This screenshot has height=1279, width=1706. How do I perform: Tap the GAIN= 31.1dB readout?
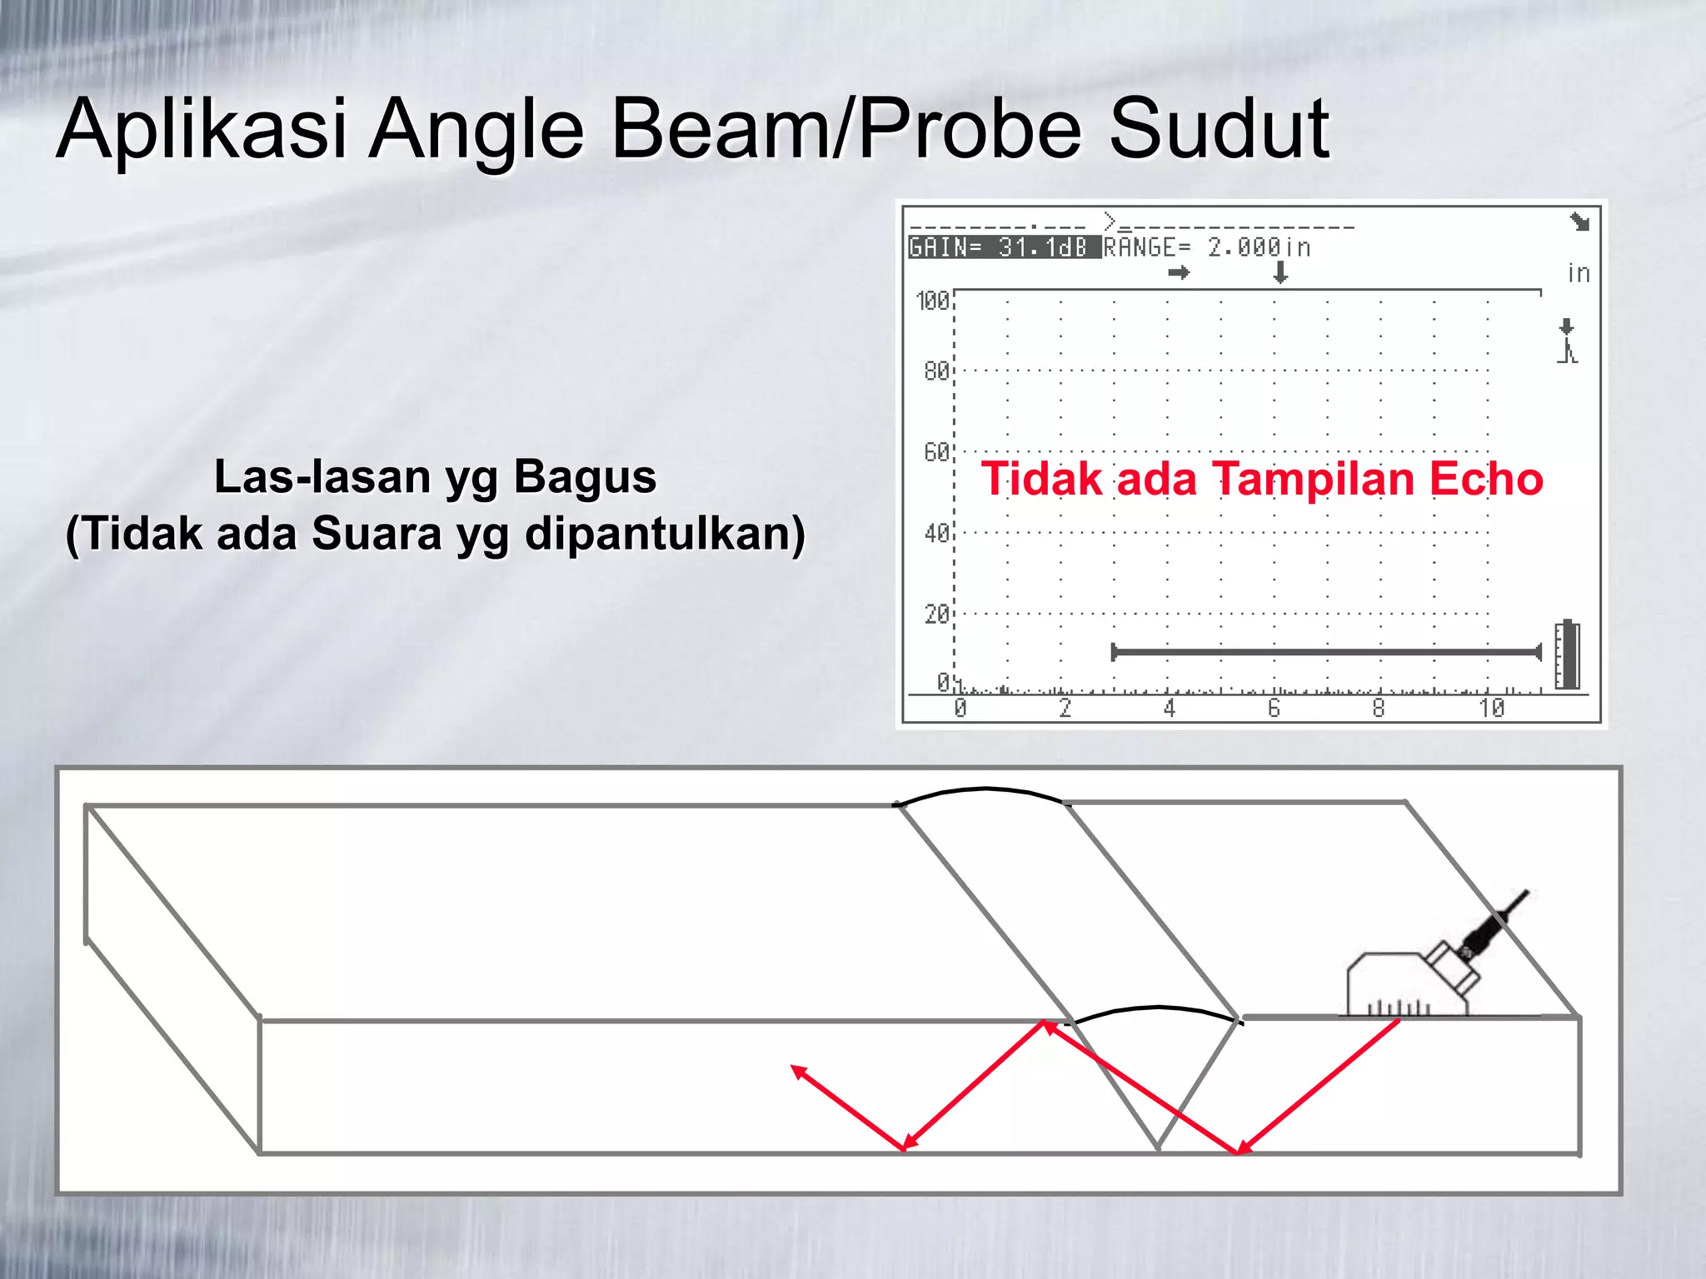[x=998, y=248]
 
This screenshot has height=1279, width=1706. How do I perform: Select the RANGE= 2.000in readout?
[x=1207, y=248]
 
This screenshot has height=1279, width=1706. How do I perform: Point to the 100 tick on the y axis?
[x=932, y=301]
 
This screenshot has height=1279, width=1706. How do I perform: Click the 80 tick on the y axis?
[x=936, y=371]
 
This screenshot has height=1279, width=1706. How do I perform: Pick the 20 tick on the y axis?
[x=936, y=615]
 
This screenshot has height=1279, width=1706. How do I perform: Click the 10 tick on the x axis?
[x=1491, y=709]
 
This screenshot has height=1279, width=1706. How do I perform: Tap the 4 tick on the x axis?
[x=1170, y=709]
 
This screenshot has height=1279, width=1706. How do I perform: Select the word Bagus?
[x=585, y=477]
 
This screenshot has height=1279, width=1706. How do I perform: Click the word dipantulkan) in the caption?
[x=665, y=534]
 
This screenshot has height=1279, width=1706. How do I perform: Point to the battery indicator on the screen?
[x=1567, y=655]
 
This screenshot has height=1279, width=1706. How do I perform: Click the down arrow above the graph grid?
[x=1280, y=271]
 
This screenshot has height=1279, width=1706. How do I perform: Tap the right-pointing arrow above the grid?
[x=1179, y=272]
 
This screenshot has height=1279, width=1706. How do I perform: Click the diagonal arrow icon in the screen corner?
[x=1579, y=221]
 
